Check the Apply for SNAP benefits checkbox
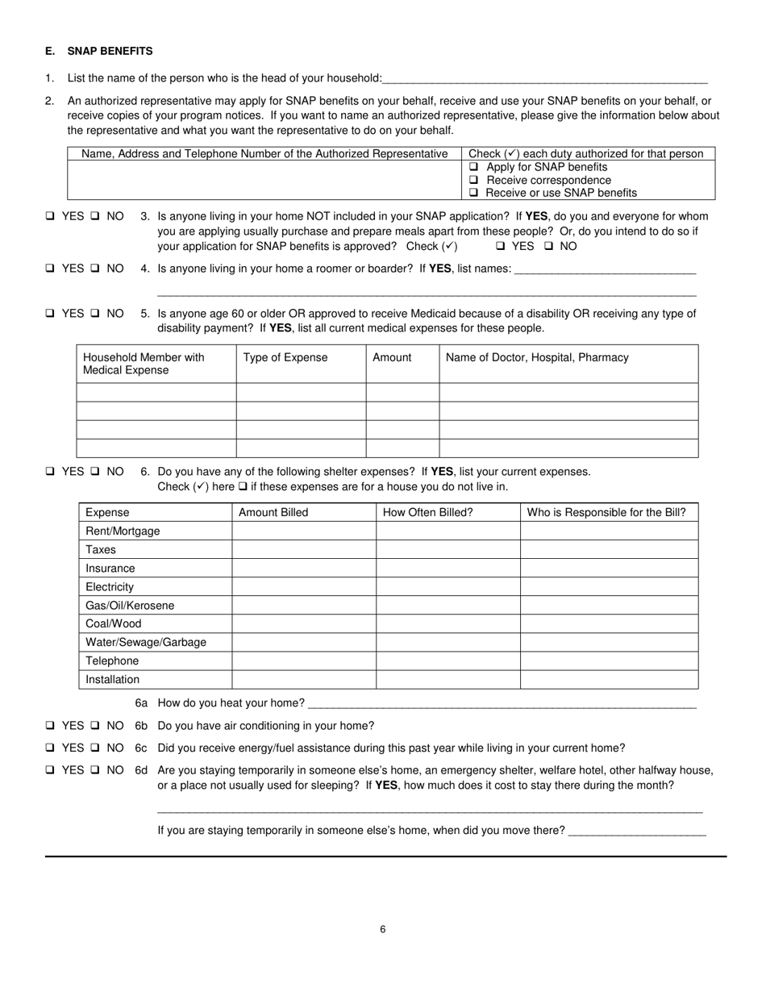474,167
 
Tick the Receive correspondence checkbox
474,180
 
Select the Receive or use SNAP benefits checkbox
474,193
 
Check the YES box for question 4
51,269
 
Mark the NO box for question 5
95,314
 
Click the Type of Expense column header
285,357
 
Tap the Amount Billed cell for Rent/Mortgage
303,531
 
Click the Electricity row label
110,587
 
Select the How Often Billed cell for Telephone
448,661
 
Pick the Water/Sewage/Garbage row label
146,642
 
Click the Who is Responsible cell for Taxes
609,549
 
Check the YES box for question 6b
51,726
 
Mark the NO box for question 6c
95,748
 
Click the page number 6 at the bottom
383,929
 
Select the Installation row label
112,679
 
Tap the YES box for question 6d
51,770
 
